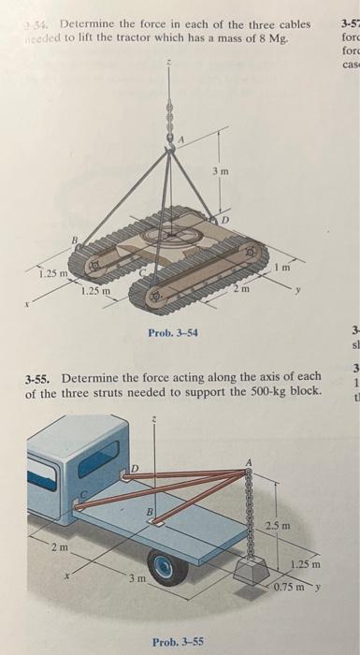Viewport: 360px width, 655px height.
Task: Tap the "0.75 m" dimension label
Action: pyautogui.click(x=293, y=587)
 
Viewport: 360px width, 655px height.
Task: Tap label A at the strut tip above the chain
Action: pyautogui.click(x=249, y=460)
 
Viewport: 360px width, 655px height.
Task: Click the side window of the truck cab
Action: pyautogui.click(x=104, y=452)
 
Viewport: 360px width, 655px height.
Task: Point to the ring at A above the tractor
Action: pyautogui.click(x=170, y=138)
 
